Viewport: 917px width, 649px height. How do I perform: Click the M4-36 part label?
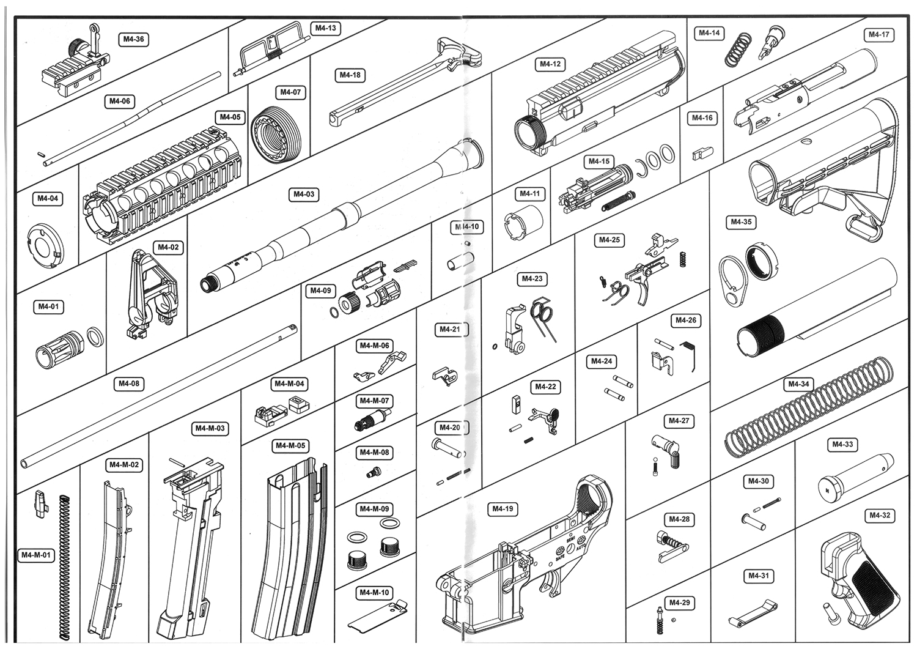pyautogui.click(x=133, y=39)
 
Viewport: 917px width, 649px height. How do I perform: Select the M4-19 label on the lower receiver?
pyautogui.click(x=503, y=509)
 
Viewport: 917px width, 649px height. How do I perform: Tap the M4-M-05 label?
pyautogui.click(x=289, y=446)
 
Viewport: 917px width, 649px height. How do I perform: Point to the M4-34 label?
pyautogui.click(x=798, y=384)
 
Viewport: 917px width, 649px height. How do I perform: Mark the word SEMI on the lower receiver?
pyautogui.click(x=570, y=539)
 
